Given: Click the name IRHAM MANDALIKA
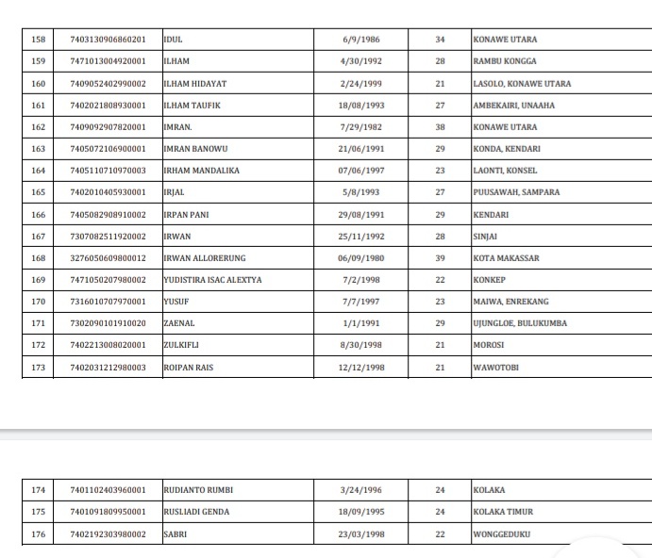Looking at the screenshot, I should pos(202,171).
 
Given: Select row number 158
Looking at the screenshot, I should pos(39,40).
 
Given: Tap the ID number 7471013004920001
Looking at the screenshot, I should pos(108,61).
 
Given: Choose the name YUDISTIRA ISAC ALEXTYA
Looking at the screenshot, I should pos(213,280).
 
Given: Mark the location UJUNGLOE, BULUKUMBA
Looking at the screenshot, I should pos(520,323).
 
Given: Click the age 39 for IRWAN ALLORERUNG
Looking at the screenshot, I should pos(440,258).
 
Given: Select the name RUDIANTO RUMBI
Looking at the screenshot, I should pos(198,490).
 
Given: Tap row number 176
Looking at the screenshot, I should pos(39,534).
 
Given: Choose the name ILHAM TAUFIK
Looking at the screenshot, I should pos(192,106).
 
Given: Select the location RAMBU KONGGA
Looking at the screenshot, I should pos(505,61).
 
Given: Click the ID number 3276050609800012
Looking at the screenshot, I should pos(108,258).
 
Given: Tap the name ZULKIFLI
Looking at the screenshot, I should pos(182,345).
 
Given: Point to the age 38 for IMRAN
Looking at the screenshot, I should pos(440,127).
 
